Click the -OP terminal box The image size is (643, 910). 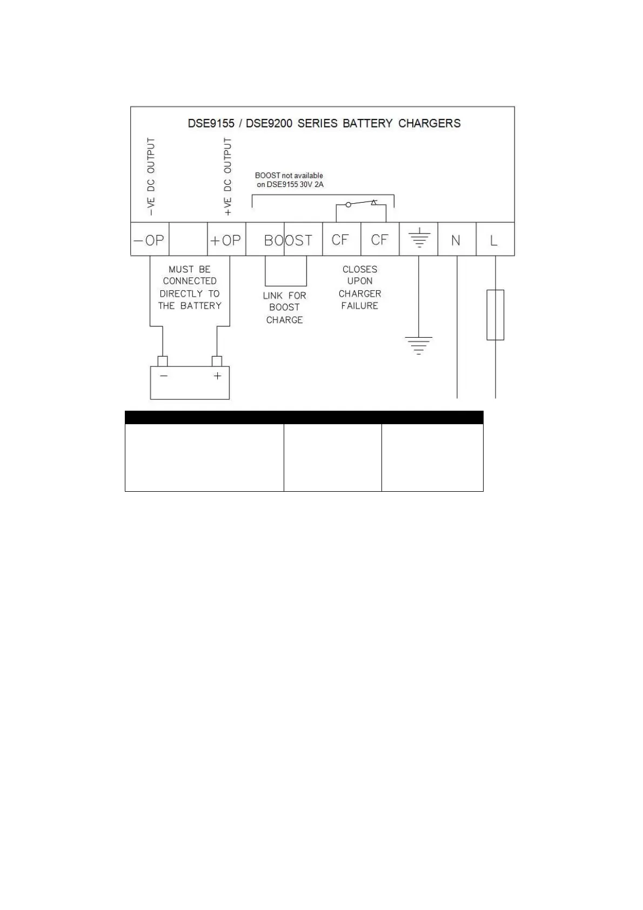tap(150, 239)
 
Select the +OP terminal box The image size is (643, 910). tap(226, 239)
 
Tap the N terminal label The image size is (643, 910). tap(456, 240)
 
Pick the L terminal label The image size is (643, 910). tap(494, 240)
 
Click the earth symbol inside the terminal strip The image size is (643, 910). tap(419, 238)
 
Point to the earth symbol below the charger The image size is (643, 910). tap(419, 344)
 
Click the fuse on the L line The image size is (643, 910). tap(495, 315)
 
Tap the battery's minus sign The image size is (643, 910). tap(164, 376)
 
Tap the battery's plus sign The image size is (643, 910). tap(217, 376)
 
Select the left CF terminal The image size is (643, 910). tap(340, 239)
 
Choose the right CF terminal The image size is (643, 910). tap(379, 239)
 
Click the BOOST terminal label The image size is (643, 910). tap(288, 240)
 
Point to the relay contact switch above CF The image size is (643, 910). tap(361, 204)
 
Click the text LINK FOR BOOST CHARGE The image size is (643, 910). tap(285, 307)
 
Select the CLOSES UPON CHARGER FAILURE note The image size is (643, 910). tap(360, 287)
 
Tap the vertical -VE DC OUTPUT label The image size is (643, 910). tap(151, 176)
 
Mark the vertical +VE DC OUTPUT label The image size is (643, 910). tap(227, 176)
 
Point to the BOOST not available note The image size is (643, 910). tap(289, 180)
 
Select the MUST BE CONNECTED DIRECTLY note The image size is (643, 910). tap(190, 287)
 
